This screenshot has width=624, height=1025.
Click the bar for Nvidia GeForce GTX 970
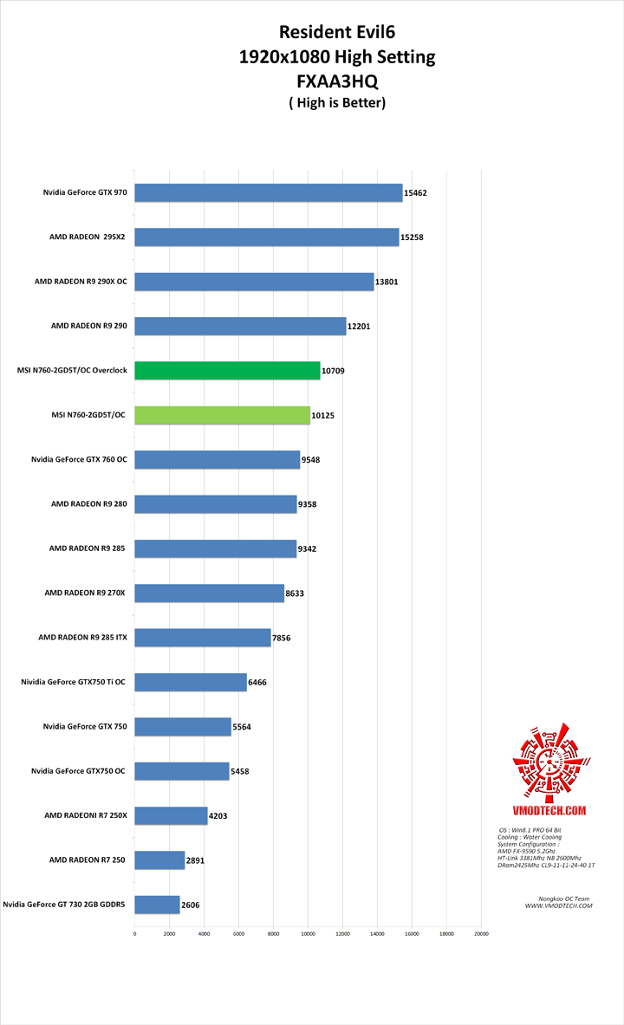tap(269, 192)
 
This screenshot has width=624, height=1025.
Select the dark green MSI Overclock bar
tap(227, 370)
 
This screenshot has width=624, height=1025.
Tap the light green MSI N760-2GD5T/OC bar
tap(222, 415)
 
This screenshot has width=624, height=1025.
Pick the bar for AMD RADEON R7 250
tap(159, 860)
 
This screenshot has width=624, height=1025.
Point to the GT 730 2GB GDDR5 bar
tap(157, 905)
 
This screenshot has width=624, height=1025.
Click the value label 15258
tap(413, 237)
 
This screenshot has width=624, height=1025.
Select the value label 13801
tap(387, 282)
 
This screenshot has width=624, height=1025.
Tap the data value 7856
tap(283, 638)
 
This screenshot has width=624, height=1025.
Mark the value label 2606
tap(192, 905)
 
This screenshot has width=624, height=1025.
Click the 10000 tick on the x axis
tap(308, 934)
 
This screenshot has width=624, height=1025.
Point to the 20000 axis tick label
tap(481, 934)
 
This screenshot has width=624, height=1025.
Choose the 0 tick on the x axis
tap(134, 934)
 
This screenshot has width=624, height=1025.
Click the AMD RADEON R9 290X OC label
tap(81, 282)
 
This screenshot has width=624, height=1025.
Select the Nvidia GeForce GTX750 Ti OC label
tap(74, 682)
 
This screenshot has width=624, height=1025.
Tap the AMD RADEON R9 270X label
tap(85, 593)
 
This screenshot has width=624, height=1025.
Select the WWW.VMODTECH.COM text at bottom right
tap(558, 905)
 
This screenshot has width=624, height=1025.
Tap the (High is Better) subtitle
tap(336, 102)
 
